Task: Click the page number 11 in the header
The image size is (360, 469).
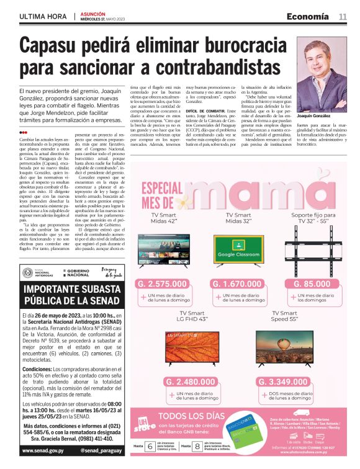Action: tap(343, 17)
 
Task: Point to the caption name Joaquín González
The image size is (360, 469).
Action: tap(314, 116)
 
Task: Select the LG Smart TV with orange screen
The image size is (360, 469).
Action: tap(191, 349)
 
